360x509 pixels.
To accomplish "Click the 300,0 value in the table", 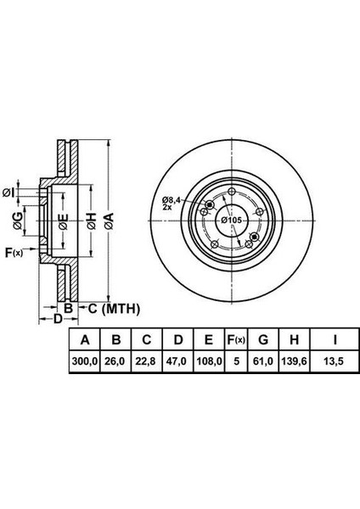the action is click(x=85, y=361).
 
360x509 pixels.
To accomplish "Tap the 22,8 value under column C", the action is click(x=147, y=361).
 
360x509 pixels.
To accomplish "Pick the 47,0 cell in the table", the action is click(x=177, y=361).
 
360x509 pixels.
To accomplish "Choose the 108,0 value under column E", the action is click(x=209, y=361).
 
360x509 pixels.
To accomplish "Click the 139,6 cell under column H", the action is click(x=294, y=361).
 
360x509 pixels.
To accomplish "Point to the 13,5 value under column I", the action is click(x=335, y=361).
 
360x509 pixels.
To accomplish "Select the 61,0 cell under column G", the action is click(x=263, y=361).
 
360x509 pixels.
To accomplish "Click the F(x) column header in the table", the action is click(x=236, y=340).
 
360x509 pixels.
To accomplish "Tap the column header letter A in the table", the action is click(x=85, y=340).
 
